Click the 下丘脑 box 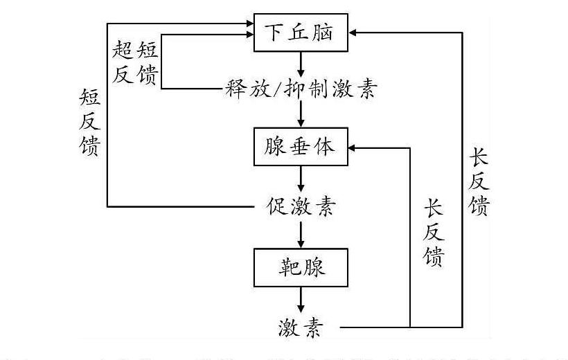(300, 32)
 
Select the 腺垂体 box (300, 147)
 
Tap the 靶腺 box (300, 267)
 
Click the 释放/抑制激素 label (300, 89)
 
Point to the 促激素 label (300, 206)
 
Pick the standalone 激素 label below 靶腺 (300, 326)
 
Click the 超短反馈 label (136, 62)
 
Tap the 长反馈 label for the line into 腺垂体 (434, 233)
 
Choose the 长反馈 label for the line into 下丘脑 (479, 183)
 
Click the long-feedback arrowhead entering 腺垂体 (353, 147)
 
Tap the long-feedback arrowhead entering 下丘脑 (353, 32)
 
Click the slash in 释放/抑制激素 (285, 89)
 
